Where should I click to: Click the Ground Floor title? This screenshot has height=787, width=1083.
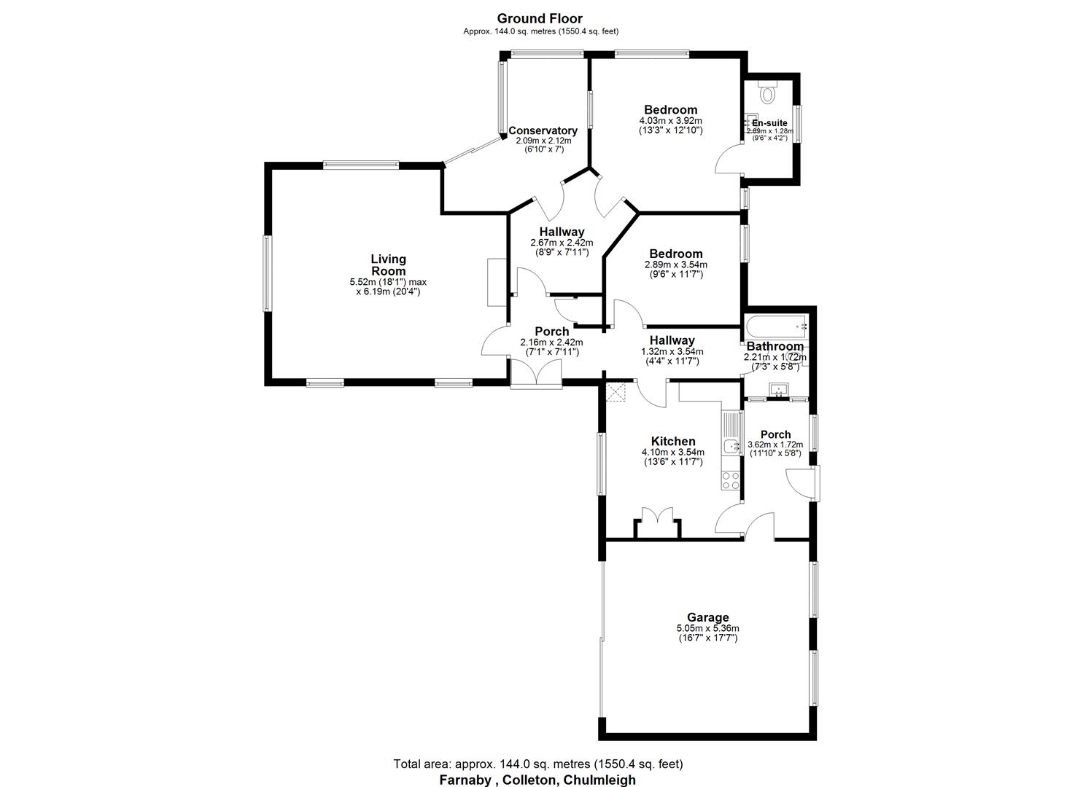click(x=540, y=19)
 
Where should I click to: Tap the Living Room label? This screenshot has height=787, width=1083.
click(x=388, y=265)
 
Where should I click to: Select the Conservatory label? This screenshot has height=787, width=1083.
click(x=543, y=131)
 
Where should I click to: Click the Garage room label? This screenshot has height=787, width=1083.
click(x=707, y=617)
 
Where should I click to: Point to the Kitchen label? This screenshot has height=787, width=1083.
click(x=672, y=442)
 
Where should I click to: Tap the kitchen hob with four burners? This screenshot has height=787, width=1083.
click(x=730, y=479)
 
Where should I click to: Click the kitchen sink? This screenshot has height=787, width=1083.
click(x=730, y=446)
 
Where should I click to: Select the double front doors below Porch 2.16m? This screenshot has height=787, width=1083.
click(x=535, y=373)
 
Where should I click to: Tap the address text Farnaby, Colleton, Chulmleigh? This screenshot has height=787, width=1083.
click(x=537, y=780)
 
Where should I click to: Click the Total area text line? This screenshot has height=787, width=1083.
click(x=537, y=764)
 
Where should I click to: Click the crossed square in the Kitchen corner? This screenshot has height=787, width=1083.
click(x=618, y=392)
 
